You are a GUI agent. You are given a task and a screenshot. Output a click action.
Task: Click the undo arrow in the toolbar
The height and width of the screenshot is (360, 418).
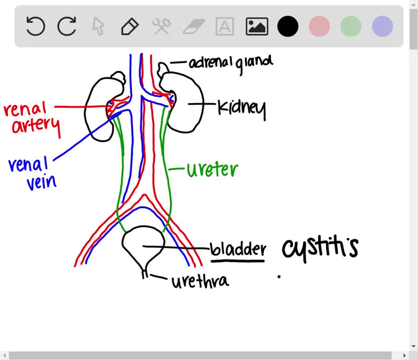click(x=36, y=27)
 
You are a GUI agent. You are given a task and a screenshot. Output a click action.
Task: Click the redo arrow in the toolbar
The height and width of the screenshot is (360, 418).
click(x=67, y=27)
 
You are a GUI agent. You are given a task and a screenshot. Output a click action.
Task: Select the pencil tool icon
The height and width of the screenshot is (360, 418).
click(x=130, y=27)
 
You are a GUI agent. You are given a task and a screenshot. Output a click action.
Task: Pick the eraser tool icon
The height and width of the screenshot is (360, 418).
click(x=193, y=27)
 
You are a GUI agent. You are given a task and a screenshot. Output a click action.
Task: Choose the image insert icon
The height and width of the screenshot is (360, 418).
click(x=257, y=27)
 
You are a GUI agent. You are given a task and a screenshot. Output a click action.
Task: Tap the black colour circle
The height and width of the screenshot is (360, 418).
click(x=288, y=27)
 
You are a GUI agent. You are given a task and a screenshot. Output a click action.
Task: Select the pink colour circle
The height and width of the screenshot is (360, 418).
click(x=319, y=27)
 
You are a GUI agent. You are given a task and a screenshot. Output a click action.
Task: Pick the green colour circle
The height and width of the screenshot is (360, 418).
click(x=351, y=27)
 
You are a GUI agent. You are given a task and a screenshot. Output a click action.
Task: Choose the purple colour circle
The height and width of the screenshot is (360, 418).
click(x=382, y=27)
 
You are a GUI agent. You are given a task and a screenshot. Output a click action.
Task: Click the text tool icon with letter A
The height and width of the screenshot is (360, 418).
click(x=225, y=27)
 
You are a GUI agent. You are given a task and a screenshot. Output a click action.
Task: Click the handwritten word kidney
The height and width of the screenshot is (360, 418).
click(x=242, y=109)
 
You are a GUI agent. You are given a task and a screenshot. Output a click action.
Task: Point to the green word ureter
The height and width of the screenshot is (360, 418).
click(x=212, y=169)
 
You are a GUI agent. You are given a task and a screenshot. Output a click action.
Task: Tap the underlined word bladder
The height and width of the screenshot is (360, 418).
click(x=238, y=249)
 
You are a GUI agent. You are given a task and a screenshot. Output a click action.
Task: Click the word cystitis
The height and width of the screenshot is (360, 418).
click(x=320, y=248)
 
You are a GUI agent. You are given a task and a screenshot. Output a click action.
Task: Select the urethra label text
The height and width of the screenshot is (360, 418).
click(x=200, y=281)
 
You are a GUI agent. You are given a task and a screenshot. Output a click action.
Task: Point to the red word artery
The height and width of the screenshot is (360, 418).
click(x=36, y=125)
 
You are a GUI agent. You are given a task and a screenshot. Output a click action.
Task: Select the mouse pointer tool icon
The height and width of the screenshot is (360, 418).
click(x=98, y=27)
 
